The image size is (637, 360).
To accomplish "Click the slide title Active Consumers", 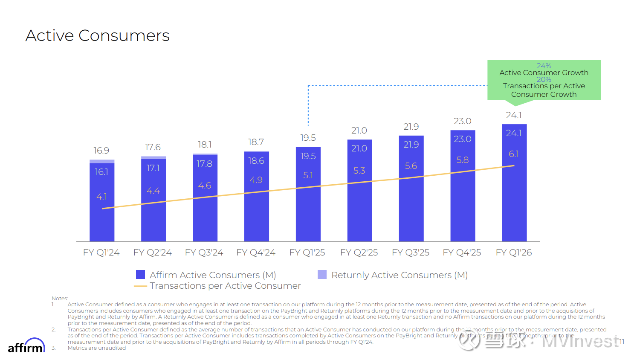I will (x=98, y=36).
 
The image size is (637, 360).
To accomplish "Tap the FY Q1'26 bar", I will (x=514, y=192).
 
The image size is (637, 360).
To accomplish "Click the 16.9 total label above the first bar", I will (x=101, y=151).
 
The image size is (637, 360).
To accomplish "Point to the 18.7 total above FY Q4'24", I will (x=256, y=142).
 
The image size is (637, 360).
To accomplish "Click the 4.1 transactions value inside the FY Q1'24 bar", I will (x=101, y=197).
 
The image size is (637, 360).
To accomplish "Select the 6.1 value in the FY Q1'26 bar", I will (x=514, y=154).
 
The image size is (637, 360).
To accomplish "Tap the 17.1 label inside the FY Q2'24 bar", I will (x=153, y=168).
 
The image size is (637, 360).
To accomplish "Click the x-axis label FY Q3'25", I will (x=411, y=253).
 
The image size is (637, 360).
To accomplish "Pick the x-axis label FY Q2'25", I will (x=359, y=253).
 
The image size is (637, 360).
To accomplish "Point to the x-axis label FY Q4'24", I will (x=256, y=253).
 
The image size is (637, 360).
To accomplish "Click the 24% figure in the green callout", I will (x=544, y=66).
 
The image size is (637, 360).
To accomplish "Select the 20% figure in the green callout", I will (x=544, y=79).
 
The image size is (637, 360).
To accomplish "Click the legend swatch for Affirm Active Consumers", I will (x=140, y=275).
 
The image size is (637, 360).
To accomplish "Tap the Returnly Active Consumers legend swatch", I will (x=322, y=275).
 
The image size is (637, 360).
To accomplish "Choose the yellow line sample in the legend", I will (x=140, y=286).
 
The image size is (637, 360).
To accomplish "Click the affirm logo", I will (x=26, y=346).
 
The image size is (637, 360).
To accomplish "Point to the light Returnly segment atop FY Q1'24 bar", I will (x=102, y=161).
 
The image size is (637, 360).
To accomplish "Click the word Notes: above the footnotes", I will (x=60, y=298).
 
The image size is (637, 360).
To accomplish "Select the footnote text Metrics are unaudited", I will (x=97, y=348).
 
